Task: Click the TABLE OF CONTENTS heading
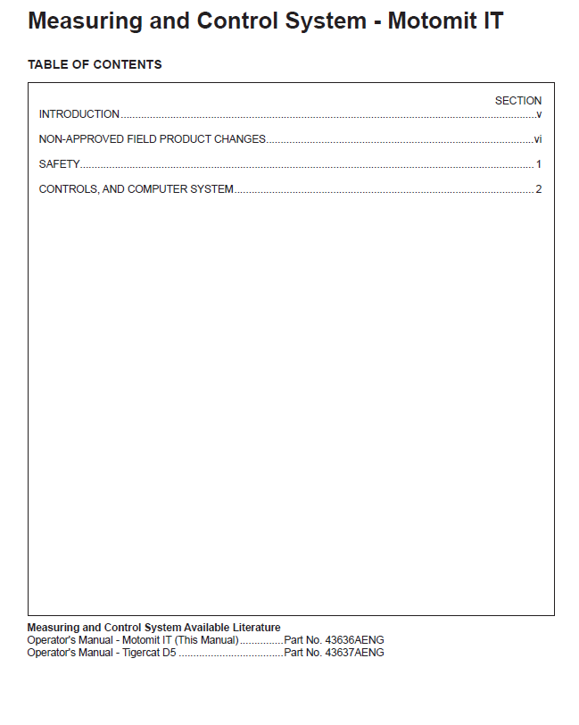pyautogui.click(x=95, y=65)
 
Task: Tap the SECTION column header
pyautogui.click(x=517, y=101)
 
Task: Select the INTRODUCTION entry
pyautogui.click(x=79, y=114)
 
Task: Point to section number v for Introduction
pyautogui.click(x=539, y=114)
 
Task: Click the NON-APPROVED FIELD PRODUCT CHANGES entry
pyautogui.click(x=153, y=139)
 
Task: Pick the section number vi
pyautogui.click(x=538, y=139)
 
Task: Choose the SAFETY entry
pyautogui.click(x=60, y=164)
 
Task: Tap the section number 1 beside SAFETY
pyautogui.click(x=539, y=164)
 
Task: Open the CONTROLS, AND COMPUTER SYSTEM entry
pyautogui.click(x=136, y=189)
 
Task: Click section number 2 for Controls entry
pyautogui.click(x=539, y=189)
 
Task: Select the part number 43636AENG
pyautogui.click(x=355, y=640)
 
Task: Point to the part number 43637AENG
pyautogui.click(x=355, y=653)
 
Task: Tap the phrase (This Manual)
pyautogui.click(x=206, y=640)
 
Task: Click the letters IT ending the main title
pyautogui.click(x=492, y=21)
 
